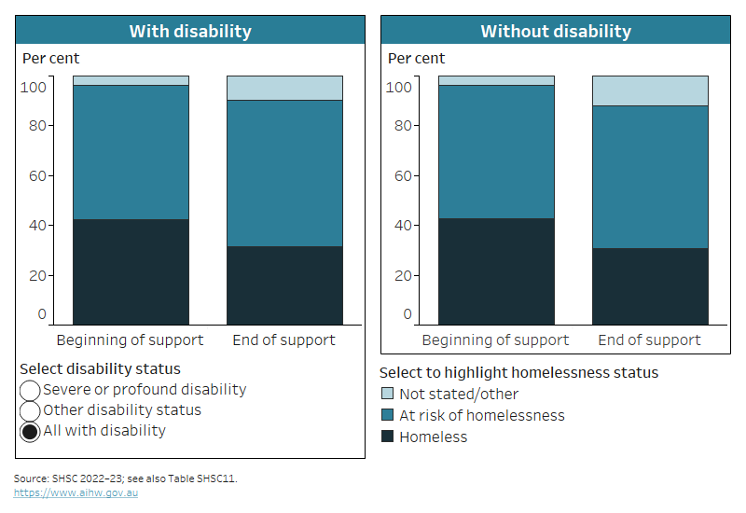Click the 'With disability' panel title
(x=190, y=31)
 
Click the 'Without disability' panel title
(x=556, y=31)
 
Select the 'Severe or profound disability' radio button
(x=30, y=390)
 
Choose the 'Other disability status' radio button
(x=30, y=410)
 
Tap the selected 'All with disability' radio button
(x=30, y=431)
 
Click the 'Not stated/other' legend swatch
(x=389, y=395)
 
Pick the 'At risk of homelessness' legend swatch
(x=389, y=416)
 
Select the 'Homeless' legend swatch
(x=389, y=437)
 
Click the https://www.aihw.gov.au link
(x=76, y=492)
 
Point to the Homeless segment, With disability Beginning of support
(x=131, y=271)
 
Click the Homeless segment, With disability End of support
(x=284, y=285)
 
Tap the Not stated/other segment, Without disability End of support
(x=650, y=90)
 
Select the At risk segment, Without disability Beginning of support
(x=496, y=151)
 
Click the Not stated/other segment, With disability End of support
(x=284, y=88)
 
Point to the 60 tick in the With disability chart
(x=37, y=175)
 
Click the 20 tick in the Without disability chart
(x=403, y=276)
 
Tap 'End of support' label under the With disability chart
(x=283, y=340)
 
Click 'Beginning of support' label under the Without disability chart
(x=495, y=340)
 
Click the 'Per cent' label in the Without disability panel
(x=416, y=59)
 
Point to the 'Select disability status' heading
(x=101, y=369)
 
